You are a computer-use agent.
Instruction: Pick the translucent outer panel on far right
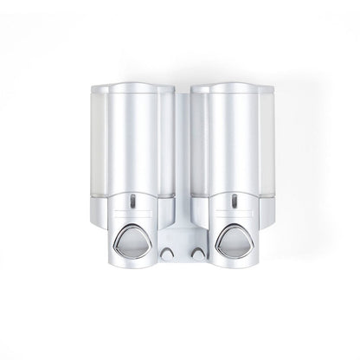[269, 156]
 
